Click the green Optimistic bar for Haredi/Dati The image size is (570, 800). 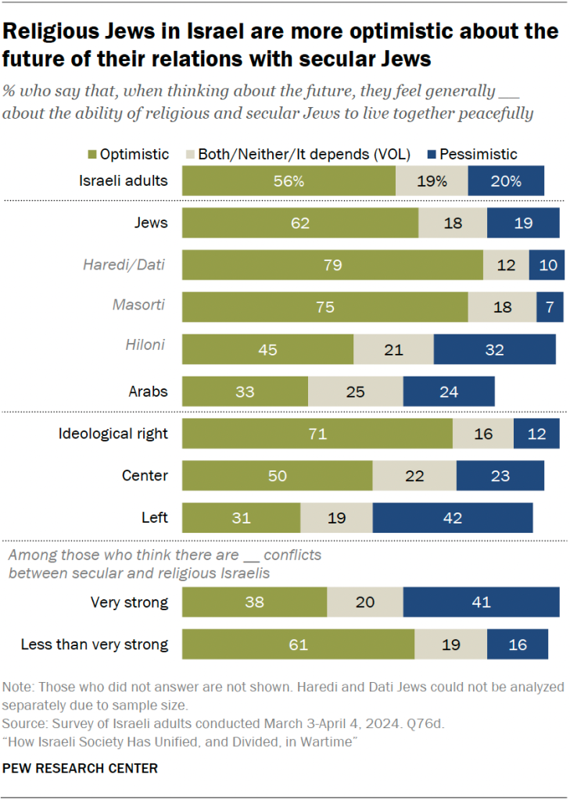point(332,265)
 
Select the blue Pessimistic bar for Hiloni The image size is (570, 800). point(494,348)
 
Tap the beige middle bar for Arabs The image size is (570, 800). point(355,391)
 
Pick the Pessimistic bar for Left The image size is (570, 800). point(452,517)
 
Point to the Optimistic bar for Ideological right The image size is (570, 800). point(317,434)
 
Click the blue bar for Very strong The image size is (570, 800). point(481,602)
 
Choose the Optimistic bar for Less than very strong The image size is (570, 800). point(297,645)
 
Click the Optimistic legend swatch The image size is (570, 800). point(189,155)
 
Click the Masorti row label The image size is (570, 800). point(142,305)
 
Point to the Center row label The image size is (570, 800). point(145,475)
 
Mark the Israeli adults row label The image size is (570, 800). point(124,180)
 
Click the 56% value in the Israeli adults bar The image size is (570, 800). point(289,180)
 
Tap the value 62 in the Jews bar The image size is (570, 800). point(299,223)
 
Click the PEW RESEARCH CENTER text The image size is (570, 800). point(80,769)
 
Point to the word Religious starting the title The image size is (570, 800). point(50,32)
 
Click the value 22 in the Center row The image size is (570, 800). point(414,476)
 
